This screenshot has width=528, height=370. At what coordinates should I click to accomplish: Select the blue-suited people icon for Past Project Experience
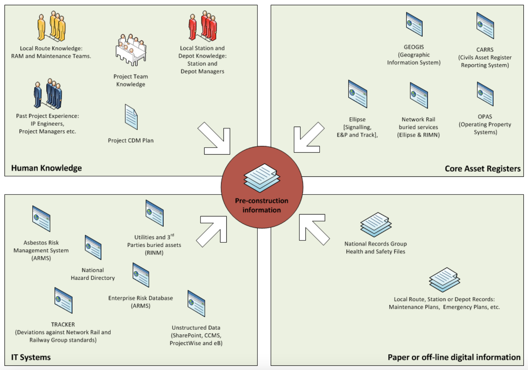tap(48, 94)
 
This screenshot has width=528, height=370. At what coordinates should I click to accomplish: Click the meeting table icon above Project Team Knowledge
tap(131, 50)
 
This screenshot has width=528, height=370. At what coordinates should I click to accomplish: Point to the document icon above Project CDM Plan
tap(131, 117)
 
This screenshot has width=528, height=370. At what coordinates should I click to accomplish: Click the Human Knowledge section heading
tap(46, 168)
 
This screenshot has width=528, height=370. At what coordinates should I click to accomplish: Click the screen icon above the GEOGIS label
tap(414, 24)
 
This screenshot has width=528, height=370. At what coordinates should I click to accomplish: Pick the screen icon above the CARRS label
tap(485, 26)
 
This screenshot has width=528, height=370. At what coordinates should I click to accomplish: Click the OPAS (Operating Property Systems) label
tap(485, 124)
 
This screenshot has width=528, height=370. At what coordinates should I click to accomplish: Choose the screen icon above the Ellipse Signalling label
tap(357, 94)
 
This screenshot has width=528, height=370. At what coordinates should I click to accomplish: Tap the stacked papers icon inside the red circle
tap(262, 178)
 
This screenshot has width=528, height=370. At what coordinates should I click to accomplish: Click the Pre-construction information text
tap(261, 205)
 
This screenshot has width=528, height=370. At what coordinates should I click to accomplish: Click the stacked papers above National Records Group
tap(376, 225)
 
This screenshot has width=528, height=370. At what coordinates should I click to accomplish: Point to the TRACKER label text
tap(63, 324)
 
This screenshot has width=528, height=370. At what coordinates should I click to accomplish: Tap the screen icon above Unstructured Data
tap(196, 303)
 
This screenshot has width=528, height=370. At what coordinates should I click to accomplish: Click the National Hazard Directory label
tap(93, 274)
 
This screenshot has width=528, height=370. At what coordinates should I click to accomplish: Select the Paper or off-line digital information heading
tap(454, 357)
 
